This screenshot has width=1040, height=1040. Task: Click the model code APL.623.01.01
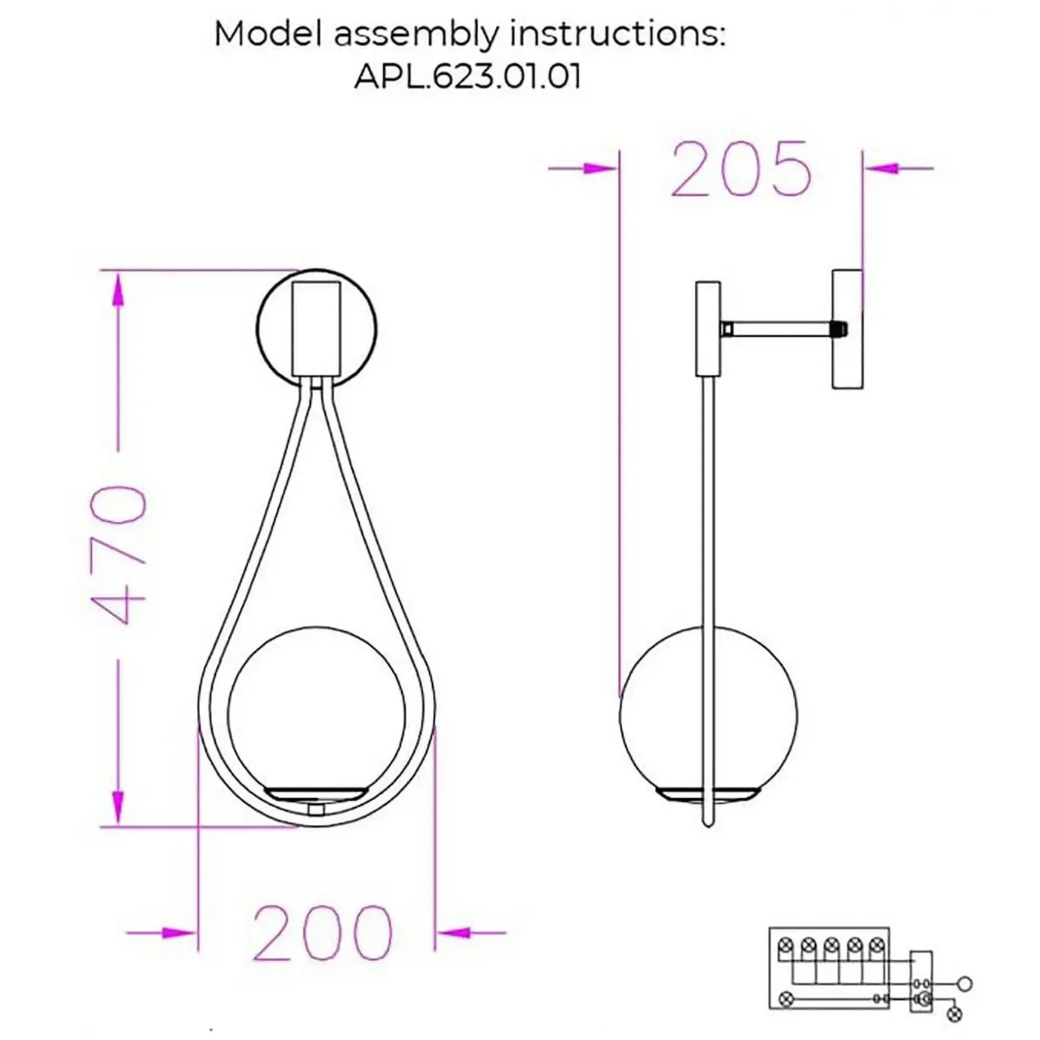pyautogui.click(x=467, y=77)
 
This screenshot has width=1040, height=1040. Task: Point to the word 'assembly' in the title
pyautogui.click(x=417, y=34)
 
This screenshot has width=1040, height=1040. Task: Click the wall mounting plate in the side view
pyautogui.click(x=847, y=329)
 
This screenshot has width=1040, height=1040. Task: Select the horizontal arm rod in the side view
pyautogui.click(x=784, y=330)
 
